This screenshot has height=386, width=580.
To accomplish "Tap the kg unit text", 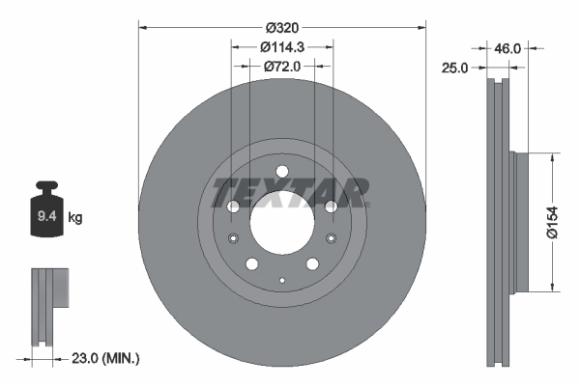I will [x=76, y=218].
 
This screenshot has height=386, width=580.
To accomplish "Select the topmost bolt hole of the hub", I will [x=281, y=173].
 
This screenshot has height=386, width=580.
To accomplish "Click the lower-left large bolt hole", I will [x=251, y=264].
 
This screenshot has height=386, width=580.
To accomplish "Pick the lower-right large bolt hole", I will [x=312, y=264].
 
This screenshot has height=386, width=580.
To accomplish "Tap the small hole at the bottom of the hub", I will [x=281, y=280].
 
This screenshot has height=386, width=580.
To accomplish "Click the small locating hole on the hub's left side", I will [x=232, y=240].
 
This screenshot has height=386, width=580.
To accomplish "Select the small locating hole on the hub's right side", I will [x=331, y=240].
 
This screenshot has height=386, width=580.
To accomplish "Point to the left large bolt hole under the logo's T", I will [x=233, y=207].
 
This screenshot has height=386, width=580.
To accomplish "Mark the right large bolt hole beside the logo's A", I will [x=331, y=207].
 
